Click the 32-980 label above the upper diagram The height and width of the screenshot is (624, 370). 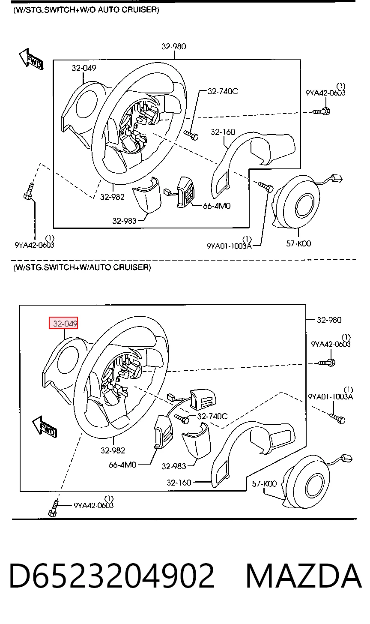(x=174, y=46)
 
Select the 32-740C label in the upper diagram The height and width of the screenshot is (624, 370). (x=223, y=91)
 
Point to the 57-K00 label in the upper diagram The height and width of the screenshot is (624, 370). (x=298, y=243)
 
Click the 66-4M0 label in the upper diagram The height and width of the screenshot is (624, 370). (x=217, y=206)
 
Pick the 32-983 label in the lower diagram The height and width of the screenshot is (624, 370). (x=174, y=466)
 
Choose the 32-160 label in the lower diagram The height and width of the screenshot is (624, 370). (x=179, y=483)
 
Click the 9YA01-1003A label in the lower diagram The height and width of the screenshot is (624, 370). (x=330, y=396)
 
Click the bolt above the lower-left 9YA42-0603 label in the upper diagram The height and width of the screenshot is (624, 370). (x=29, y=192)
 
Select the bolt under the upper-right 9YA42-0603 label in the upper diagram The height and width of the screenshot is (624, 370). (x=321, y=111)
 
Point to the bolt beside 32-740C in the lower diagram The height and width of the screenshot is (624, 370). (x=182, y=418)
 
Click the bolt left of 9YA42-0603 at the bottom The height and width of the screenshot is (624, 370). (x=54, y=509)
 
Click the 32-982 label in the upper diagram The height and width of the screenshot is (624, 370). (x=112, y=197)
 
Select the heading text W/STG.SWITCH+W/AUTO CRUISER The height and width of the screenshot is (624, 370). (x=82, y=267)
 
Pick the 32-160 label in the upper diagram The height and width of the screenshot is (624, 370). (x=223, y=132)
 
